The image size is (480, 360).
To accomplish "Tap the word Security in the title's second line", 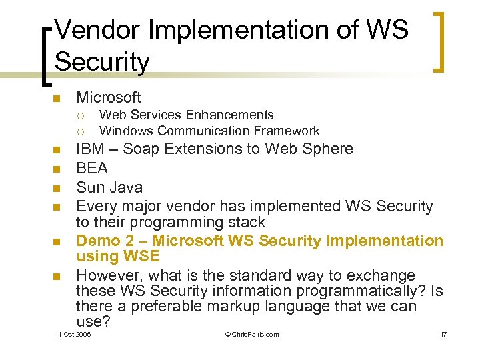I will pyautogui.click(x=102, y=62).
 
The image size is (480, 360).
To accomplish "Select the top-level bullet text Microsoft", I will pyautogui.click(x=109, y=98).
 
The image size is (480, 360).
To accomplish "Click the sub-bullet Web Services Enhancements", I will pyautogui.click(x=186, y=115).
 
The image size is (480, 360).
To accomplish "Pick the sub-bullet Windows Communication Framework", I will pyautogui.click(x=209, y=131).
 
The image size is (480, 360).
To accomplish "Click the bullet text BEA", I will pyautogui.click(x=92, y=167).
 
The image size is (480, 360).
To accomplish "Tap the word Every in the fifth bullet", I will pyautogui.click(x=96, y=207).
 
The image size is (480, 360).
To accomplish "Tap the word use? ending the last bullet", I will pyautogui.click(x=93, y=321).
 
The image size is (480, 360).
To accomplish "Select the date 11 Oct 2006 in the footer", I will pyautogui.click(x=73, y=334).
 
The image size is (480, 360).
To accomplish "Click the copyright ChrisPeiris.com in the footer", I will pyautogui.click(x=252, y=334).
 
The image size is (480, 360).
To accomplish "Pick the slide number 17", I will pyautogui.click(x=443, y=334).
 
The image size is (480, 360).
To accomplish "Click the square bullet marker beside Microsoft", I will pyautogui.click(x=57, y=99).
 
